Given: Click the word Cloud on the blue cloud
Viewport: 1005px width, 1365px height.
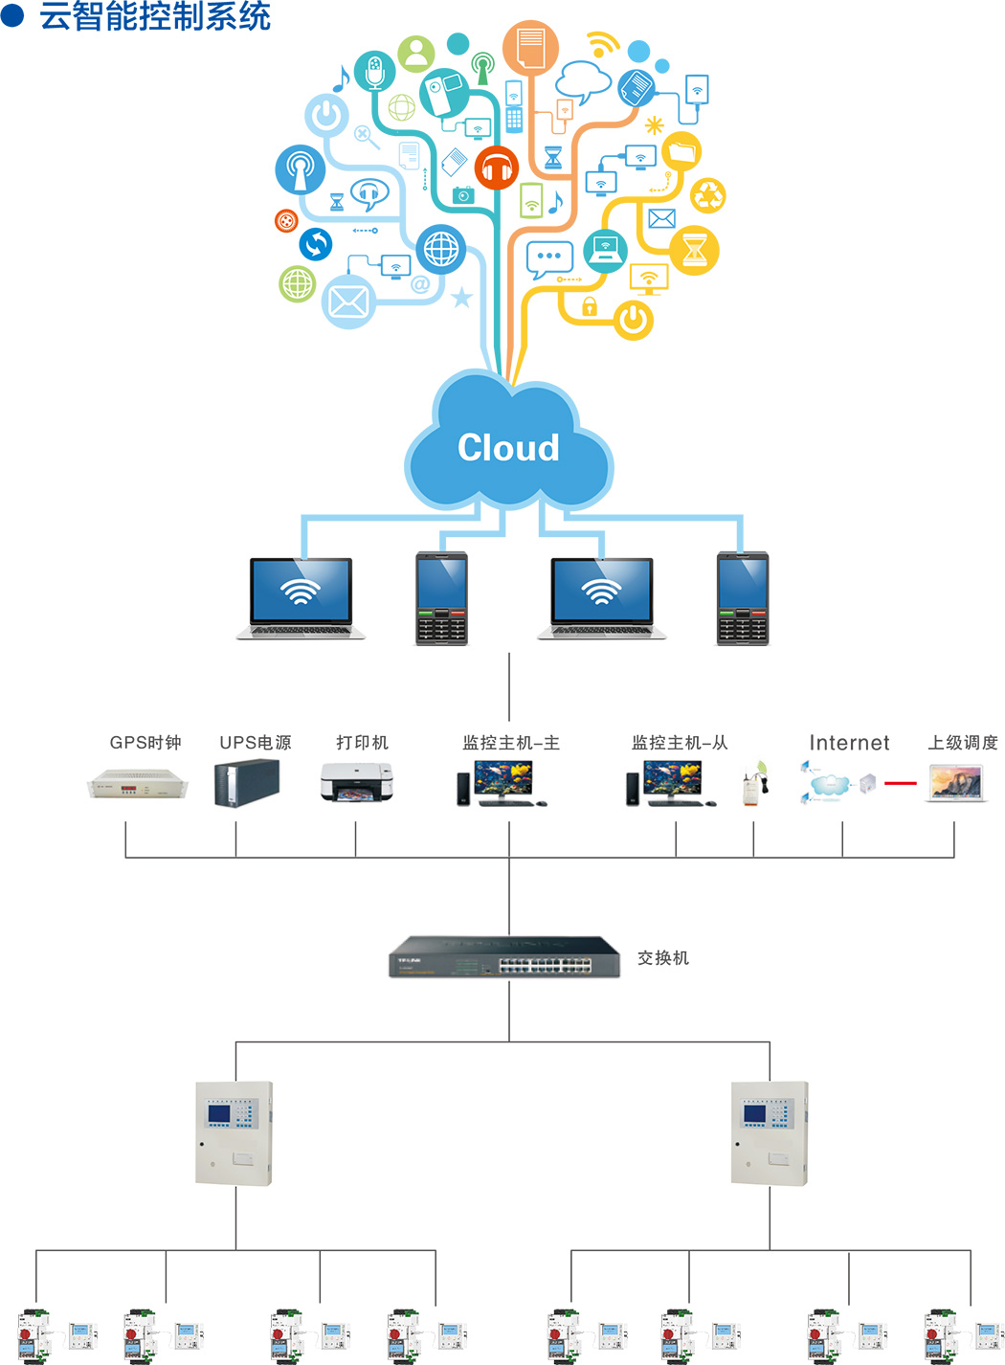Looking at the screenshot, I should point(508,448).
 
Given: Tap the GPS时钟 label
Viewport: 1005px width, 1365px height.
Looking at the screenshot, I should point(145,743).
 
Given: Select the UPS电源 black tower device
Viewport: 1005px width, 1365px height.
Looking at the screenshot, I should point(247,783).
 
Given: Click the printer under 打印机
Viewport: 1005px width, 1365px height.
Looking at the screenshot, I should point(356,782).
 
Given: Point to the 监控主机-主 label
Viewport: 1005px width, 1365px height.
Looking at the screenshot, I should point(511,743).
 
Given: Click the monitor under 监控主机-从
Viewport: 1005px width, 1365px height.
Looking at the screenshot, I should point(673,780).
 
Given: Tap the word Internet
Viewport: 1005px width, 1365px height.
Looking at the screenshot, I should point(849,743).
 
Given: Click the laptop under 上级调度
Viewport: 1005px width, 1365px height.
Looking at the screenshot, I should point(956,784).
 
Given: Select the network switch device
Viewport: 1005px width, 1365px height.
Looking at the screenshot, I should point(504,956).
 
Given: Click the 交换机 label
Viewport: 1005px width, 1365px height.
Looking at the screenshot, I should point(663,958).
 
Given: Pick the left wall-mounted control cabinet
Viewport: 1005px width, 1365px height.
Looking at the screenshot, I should point(234,1133).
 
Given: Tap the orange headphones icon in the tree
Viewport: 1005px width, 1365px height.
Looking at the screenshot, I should point(496,169).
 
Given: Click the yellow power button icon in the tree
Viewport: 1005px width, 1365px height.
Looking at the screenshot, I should point(633,320).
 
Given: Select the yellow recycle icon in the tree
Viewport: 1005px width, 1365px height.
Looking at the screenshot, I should point(708,196).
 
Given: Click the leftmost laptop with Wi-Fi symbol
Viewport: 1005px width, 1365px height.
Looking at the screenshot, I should point(301,596).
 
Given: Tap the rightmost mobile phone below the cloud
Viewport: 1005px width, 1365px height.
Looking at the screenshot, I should point(743,598).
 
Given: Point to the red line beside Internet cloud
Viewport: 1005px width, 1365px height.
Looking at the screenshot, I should point(900,784).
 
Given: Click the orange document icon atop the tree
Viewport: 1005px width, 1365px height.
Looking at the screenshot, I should point(530,47).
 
